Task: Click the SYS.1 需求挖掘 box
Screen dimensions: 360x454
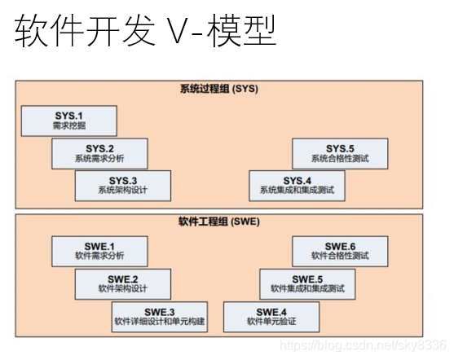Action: [69, 121]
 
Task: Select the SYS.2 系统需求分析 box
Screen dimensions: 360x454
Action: [99, 153]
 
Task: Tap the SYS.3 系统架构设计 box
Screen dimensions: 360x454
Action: [122, 185]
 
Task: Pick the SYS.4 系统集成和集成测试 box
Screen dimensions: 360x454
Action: [297, 185]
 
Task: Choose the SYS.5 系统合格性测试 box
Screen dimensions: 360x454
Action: [340, 153]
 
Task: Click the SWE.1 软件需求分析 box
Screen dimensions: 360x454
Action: [99, 251]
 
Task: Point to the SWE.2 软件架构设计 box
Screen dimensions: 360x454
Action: [122, 283]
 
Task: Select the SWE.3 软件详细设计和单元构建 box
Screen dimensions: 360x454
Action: [160, 316]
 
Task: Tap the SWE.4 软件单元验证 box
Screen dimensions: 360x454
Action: [271, 316]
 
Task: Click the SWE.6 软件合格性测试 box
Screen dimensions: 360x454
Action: [340, 251]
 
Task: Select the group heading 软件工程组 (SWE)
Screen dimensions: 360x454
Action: [218, 221]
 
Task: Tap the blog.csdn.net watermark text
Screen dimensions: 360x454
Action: [361, 345]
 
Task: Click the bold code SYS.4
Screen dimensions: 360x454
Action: [298, 179]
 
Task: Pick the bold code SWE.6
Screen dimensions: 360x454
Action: [341, 245]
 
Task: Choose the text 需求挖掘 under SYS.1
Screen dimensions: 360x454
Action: [69, 126]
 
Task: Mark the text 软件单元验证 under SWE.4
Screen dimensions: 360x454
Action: [271, 322]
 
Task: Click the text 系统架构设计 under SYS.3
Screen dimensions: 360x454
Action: [122, 191]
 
